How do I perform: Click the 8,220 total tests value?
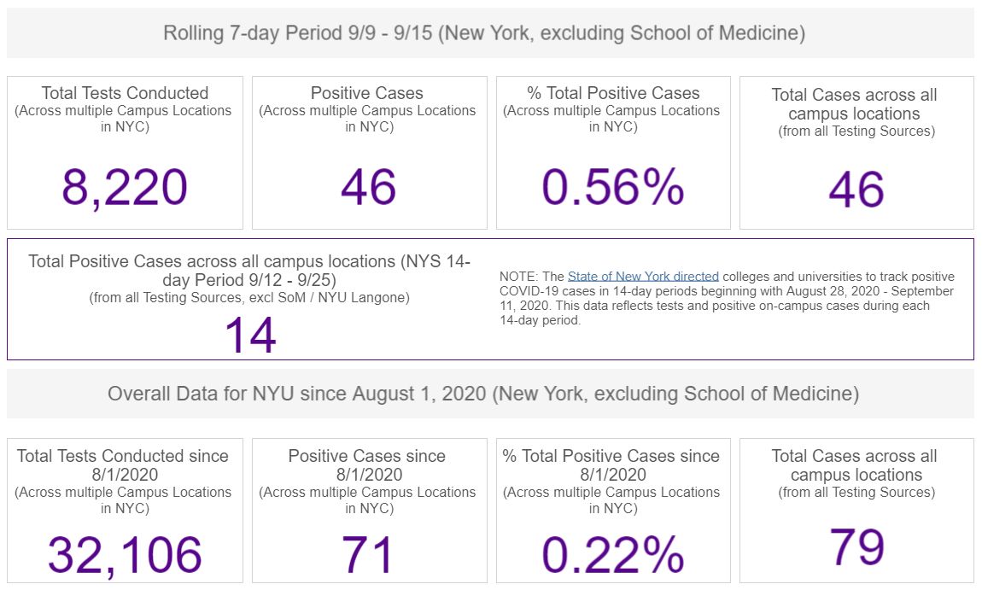(x=125, y=188)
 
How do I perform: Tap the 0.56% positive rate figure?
(x=612, y=187)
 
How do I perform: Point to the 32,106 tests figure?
(x=125, y=555)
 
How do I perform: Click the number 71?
(x=367, y=555)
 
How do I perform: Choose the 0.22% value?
(x=612, y=555)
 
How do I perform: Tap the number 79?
(x=856, y=546)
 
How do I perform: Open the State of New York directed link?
(x=643, y=277)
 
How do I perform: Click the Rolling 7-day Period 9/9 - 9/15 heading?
(x=484, y=33)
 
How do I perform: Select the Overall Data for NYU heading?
(x=483, y=394)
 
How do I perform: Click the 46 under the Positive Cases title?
(x=367, y=187)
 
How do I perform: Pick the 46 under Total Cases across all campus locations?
(x=856, y=190)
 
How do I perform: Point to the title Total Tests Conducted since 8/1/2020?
(x=123, y=465)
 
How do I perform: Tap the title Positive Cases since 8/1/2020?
(x=367, y=465)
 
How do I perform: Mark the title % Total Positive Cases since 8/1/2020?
(x=611, y=465)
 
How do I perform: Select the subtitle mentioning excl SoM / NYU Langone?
(x=249, y=297)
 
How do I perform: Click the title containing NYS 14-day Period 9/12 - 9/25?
(x=249, y=271)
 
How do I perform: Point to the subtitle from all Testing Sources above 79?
(x=856, y=493)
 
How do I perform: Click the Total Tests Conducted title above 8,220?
(x=125, y=93)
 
